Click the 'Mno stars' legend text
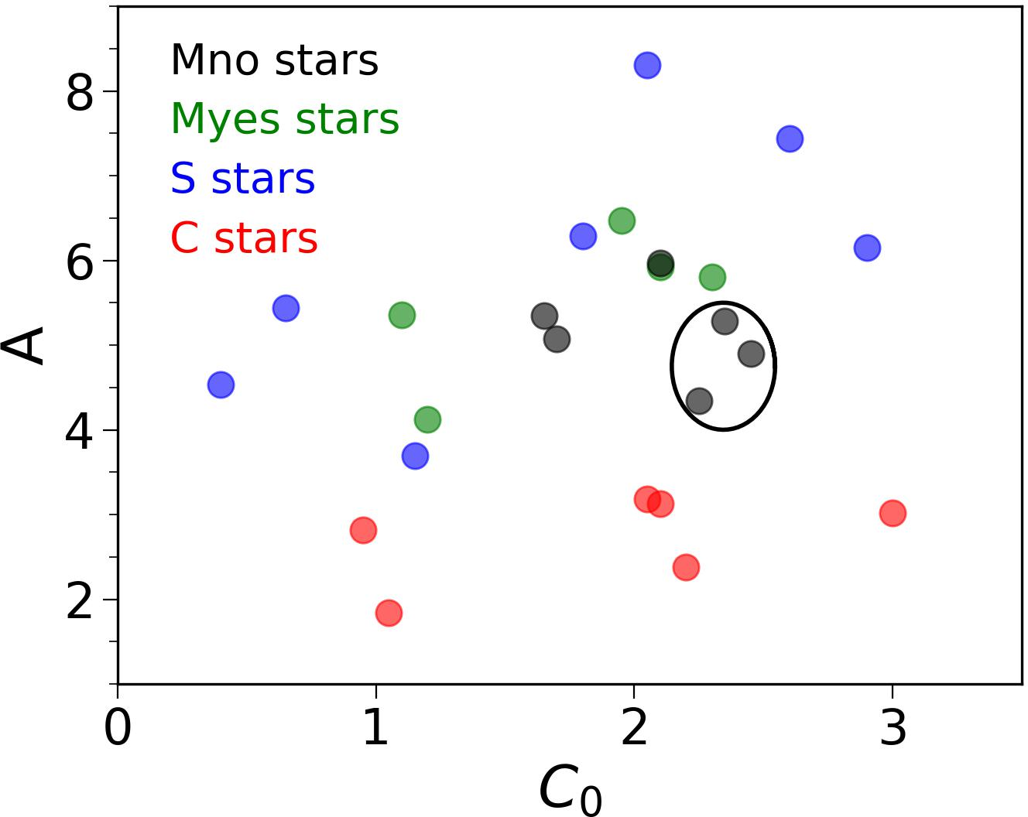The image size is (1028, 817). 274,60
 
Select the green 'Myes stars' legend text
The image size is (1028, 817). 284,120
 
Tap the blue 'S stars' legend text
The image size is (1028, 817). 242,179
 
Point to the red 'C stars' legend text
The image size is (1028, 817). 244,238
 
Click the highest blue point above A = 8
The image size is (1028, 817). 647,65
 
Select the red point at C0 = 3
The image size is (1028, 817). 893,513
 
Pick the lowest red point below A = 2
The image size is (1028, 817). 389,613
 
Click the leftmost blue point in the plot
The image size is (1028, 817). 221,385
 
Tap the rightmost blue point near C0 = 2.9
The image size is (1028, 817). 867,248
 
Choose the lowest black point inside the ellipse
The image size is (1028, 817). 699,401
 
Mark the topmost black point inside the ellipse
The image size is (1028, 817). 725,321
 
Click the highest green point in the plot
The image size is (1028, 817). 622,220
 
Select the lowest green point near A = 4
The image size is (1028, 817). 427,419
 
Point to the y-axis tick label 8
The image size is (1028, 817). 80,94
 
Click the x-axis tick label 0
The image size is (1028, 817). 118,729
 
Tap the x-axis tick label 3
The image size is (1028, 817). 893,729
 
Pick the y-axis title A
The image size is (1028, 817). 23,346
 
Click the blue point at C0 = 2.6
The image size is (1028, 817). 790,138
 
